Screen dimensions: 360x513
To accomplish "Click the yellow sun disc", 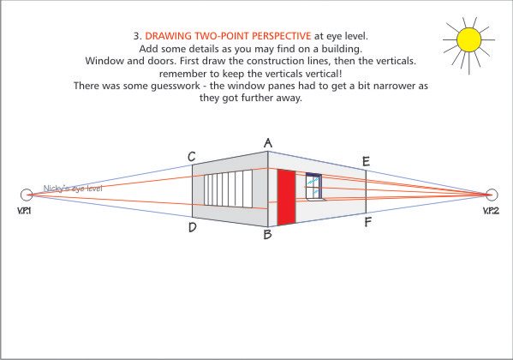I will point(468,39).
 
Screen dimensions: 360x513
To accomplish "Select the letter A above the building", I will point(268,143).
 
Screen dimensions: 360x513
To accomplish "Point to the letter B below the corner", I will point(267,234).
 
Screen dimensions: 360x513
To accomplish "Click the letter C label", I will point(192,157).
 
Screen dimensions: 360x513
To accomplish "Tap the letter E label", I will point(367,161).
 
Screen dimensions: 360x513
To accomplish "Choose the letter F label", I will point(367,223).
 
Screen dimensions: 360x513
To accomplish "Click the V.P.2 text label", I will point(491,210).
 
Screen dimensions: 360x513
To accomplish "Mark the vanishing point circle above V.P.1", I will point(26,195).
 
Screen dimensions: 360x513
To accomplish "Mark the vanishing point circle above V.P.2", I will point(492,194).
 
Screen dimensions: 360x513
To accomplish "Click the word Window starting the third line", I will point(105,61).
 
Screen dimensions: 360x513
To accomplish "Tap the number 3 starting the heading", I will point(137,36).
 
